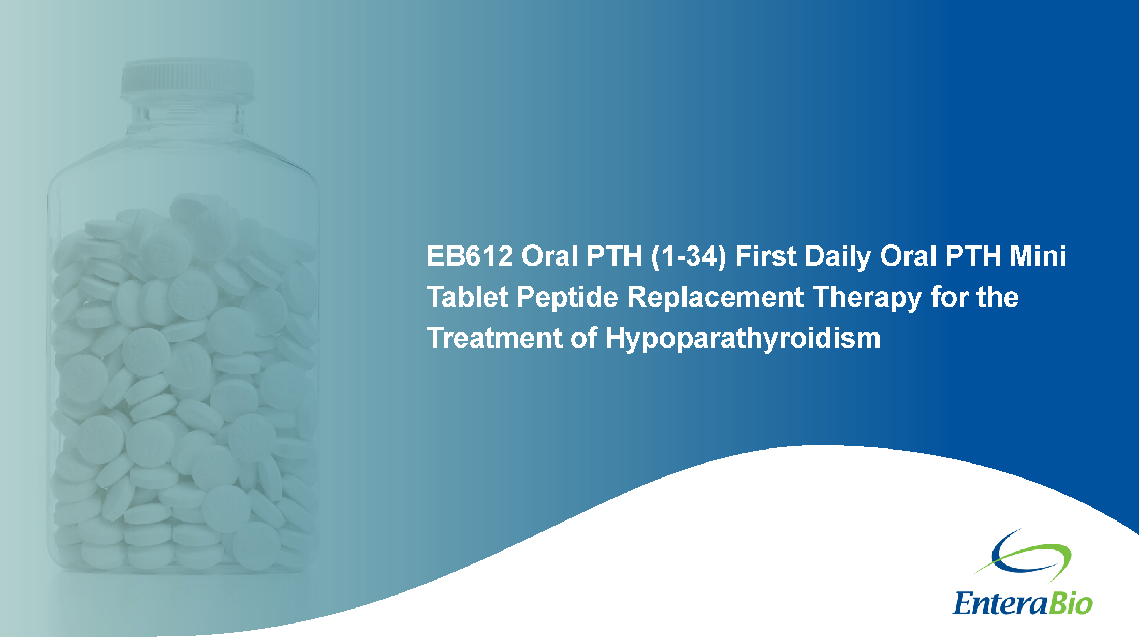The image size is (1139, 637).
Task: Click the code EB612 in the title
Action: coord(470,256)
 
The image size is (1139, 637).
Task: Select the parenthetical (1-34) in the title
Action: coord(689,257)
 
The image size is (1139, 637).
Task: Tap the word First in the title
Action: coord(766,256)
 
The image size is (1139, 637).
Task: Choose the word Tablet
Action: coord(468,297)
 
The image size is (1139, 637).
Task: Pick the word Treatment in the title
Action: coord(494,338)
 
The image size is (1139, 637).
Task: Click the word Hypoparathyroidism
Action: coord(743,340)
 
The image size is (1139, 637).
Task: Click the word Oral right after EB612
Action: coord(549,256)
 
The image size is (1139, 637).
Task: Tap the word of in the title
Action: coord(583,338)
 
